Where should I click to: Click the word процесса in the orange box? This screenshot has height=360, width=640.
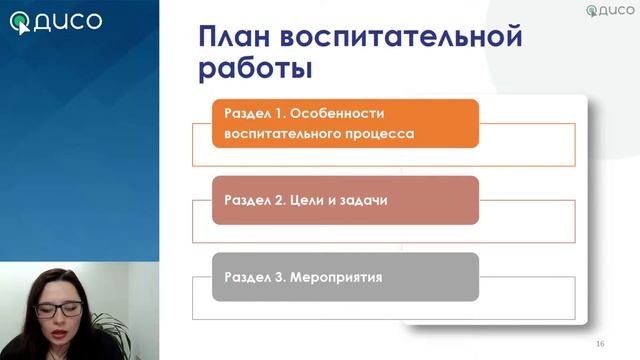pyautogui.click(x=379, y=133)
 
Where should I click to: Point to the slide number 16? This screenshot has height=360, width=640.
pyautogui.click(x=600, y=344)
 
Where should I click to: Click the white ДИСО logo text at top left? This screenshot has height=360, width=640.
pyautogui.click(x=68, y=21)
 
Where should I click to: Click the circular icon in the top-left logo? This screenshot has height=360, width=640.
pyautogui.click(x=20, y=22)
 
